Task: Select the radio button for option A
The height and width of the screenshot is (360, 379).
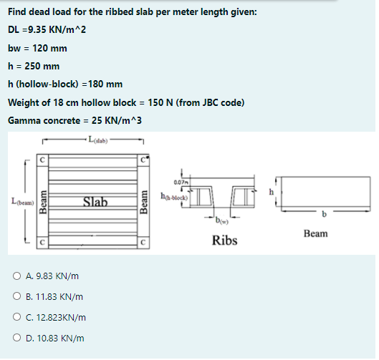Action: pyautogui.click(x=16, y=276)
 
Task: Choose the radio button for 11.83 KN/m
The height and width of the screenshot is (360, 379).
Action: pyautogui.click(x=16, y=296)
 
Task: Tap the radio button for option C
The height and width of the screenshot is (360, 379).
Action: pyautogui.click(x=16, y=317)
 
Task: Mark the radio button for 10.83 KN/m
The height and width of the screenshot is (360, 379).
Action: pyautogui.click(x=16, y=338)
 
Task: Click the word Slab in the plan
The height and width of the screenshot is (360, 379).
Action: pyautogui.click(x=95, y=202)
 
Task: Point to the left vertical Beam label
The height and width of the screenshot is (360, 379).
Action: pyautogui.click(x=43, y=202)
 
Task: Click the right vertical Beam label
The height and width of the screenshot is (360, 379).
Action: pyautogui.click(x=143, y=202)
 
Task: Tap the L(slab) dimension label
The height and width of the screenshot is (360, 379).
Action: pyautogui.click(x=98, y=140)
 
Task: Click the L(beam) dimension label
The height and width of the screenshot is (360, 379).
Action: pyautogui.click(x=23, y=201)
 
